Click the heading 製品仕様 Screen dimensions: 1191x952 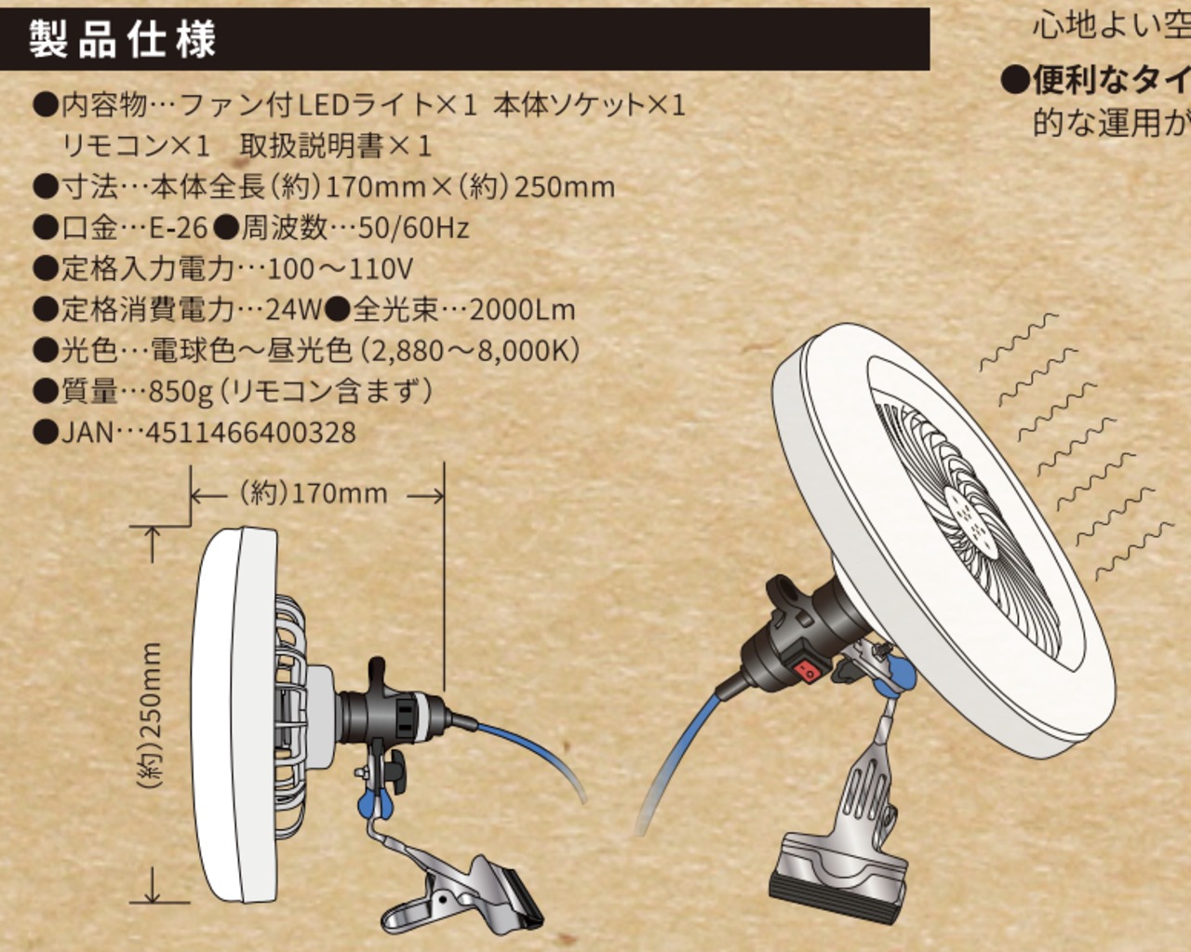tap(122, 39)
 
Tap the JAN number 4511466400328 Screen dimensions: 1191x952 tap(250, 433)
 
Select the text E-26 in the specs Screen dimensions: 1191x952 tap(179, 228)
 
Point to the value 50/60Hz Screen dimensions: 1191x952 tap(414, 228)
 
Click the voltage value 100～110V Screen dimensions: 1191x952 tap(340, 269)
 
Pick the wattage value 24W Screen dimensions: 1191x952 tap(293, 310)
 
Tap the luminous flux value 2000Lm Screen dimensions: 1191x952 tap(522, 310)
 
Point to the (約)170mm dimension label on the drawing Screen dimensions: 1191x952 tap(314, 493)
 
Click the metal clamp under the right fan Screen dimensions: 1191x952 tap(842, 838)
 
